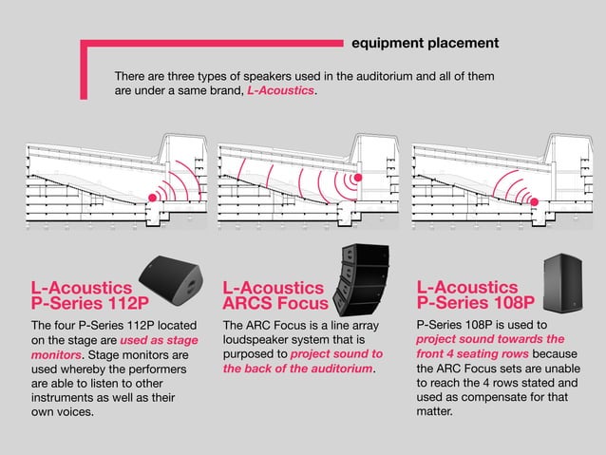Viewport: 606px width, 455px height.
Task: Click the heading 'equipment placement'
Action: coord(424,43)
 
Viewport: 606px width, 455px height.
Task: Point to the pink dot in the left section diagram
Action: coord(153,199)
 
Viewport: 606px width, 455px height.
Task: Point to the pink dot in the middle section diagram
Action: coord(358,178)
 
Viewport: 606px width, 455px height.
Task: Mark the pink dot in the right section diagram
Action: coord(534,201)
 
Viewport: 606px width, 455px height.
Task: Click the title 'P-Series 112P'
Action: coord(90,304)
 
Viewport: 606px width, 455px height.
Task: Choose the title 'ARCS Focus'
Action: coord(275,304)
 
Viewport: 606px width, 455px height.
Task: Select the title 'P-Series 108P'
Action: coord(476,304)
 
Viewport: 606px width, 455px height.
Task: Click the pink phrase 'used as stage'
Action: coord(159,339)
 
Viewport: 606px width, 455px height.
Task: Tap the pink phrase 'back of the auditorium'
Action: coord(298,369)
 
